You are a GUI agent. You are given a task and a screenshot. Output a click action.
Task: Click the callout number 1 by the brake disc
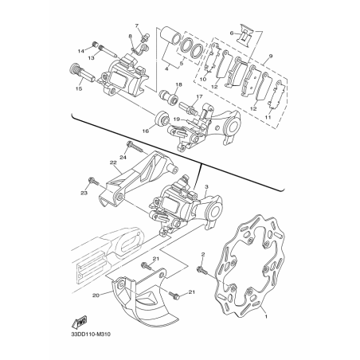pyautogui.click(x=266, y=316)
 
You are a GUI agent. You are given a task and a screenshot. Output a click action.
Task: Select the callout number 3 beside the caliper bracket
pyautogui.click(x=207, y=187)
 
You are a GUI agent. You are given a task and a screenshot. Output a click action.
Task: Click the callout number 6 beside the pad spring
pyautogui.click(x=232, y=33)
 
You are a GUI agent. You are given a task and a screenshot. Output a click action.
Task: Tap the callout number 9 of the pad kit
pyautogui.click(x=271, y=56)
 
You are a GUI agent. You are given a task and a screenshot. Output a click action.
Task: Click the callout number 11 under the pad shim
pyautogui.click(x=268, y=117)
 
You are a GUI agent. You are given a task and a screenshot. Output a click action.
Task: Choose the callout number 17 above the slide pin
pyautogui.click(x=199, y=96)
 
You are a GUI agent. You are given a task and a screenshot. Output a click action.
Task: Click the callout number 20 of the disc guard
pyautogui.click(x=96, y=295)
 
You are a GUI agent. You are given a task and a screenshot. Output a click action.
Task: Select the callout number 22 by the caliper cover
pyautogui.click(x=113, y=163)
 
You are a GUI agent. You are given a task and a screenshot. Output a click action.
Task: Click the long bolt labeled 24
pyautogui.click(x=135, y=147)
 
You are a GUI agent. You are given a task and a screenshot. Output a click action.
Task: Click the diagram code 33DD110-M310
pyautogui.click(x=91, y=334)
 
